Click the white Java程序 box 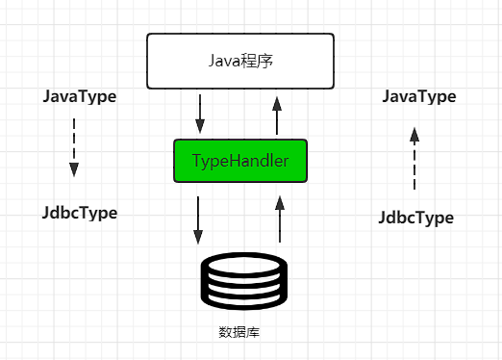[x=239, y=61]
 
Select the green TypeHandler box [x=239, y=161]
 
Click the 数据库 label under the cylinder [x=240, y=333]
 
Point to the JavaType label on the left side [x=80, y=97]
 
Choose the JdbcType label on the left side [x=80, y=213]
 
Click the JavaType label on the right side [x=418, y=96]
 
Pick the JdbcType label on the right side [x=416, y=218]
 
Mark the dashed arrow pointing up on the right [x=414, y=159]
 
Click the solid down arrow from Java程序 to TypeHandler [x=200, y=114]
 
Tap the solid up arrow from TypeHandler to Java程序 [x=277, y=116]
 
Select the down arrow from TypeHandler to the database [x=198, y=219]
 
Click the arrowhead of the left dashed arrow [x=74, y=170]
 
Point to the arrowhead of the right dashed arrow [x=414, y=134]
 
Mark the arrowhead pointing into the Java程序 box [x=277, y=101]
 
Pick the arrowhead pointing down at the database [x=198, y=236]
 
